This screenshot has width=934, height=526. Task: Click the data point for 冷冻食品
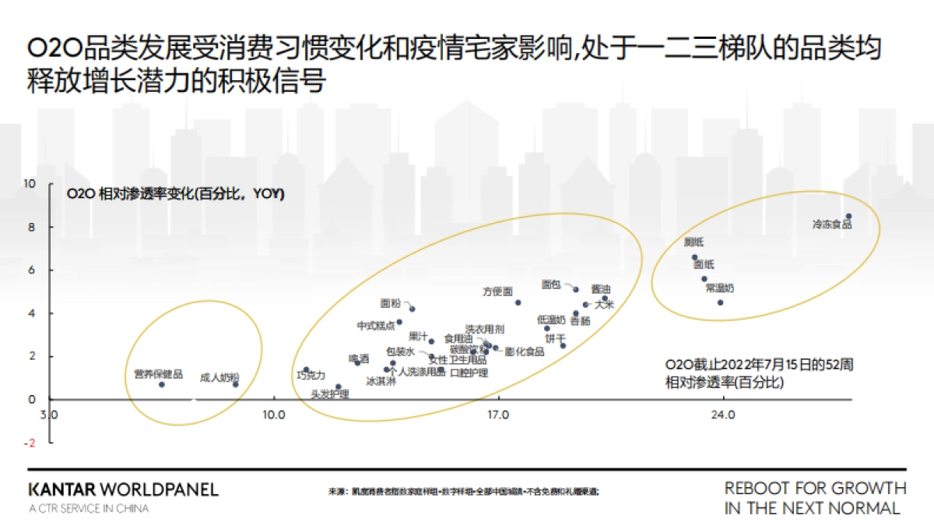[x=849, y=217]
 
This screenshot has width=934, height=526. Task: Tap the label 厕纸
[x=693, y=242]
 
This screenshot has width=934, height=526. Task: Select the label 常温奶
[x=719, y=288]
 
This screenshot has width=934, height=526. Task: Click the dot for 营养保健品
[x=162, y=384]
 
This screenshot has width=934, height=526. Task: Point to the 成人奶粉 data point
[x=235, y=384]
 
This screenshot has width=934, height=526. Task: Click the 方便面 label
[x=497, y=291]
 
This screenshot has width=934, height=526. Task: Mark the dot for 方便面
[x=518, y=302]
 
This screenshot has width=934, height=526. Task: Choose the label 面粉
[x=391, y=303]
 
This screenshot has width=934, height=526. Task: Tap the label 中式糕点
[x=376, y=326]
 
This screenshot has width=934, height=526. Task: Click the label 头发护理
[x=329, y=395]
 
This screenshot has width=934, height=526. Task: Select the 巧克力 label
[x=311, y=376]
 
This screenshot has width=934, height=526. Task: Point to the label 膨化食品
[x=525, y=351]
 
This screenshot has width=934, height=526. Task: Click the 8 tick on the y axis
[x=32, y=227]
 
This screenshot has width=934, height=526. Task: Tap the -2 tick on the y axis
[x=30, y=443]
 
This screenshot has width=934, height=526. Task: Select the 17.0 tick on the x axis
[x=498, y=414]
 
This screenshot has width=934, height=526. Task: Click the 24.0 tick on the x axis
[x=723, y=414]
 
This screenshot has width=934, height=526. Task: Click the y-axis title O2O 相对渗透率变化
[x=175, y=193]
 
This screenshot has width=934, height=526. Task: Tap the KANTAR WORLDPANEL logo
[x=123, y=490]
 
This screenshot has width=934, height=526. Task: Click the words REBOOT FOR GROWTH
[x=815, y=489]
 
